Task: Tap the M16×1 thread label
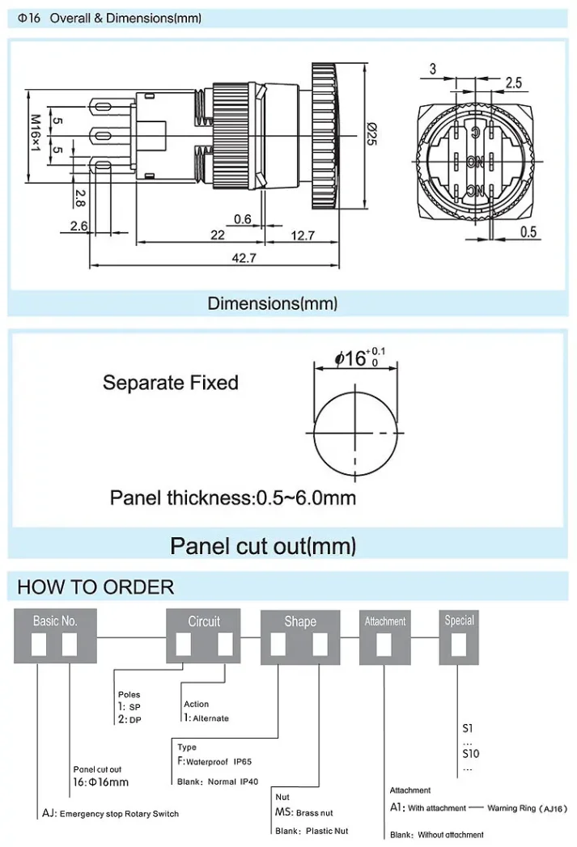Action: click(x=35, y=134)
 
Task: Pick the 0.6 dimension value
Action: click(x=242, y=219)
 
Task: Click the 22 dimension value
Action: click(x=217, y=235)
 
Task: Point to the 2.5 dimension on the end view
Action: click(x=513, y=83)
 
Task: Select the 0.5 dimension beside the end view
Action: click(x=528, y=232)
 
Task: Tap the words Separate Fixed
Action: click(x=170, y=382)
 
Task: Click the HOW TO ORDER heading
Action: click(x=95, y=587)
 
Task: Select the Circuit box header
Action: click(x=204, y=621)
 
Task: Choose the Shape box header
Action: click(x=299, y=621)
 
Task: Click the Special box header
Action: click(x=459, y=620)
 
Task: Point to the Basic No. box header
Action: click(x=55, y=621)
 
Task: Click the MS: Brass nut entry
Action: click(x=303, y=812)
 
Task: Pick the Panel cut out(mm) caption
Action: click(x=263, y=545)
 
